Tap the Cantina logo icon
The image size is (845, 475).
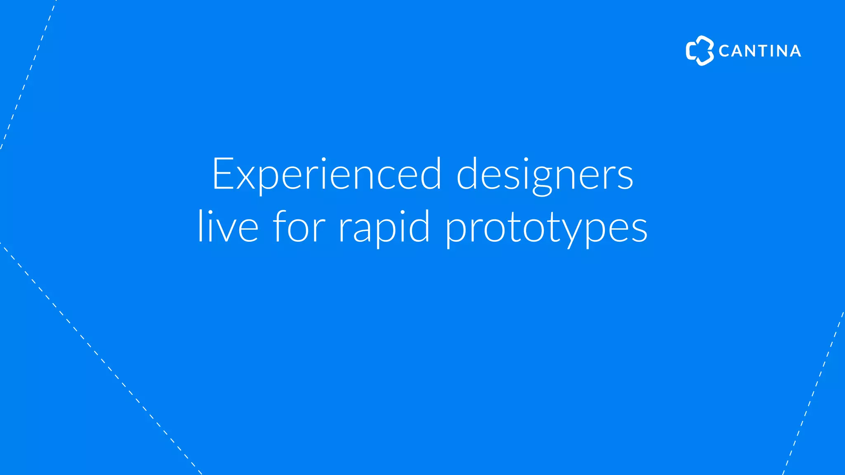(699, 51)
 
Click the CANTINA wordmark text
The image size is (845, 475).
(760, 51)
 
